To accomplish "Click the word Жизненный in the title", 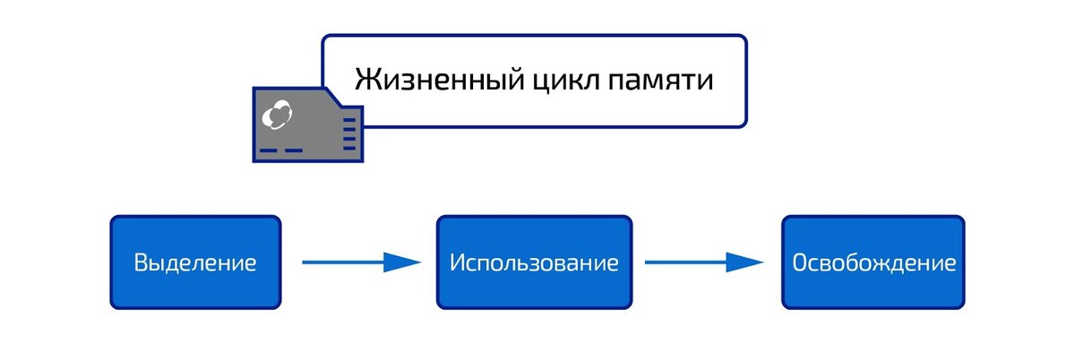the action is (440, 81).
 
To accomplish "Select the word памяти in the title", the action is (661, 81).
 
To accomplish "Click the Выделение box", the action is (196, 262).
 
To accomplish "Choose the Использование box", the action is (534, 262).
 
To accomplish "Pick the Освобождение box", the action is (873, 262).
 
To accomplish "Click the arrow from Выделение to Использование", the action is (361, 262).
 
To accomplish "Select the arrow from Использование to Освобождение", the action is (704, 262).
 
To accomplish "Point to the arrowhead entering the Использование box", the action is (402, 262).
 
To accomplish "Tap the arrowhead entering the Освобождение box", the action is (744, 262).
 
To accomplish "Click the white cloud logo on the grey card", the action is (277, 115).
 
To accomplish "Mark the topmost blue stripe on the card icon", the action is (350, 119).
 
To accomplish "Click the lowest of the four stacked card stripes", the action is (350, 149).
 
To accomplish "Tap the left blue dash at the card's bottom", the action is (268, 150).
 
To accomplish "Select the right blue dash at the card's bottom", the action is (294, 150).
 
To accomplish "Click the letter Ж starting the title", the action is (367, 79).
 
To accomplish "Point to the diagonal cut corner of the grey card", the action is (333, 97).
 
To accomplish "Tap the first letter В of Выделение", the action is (142, 262).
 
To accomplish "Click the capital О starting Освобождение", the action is (800, 262).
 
